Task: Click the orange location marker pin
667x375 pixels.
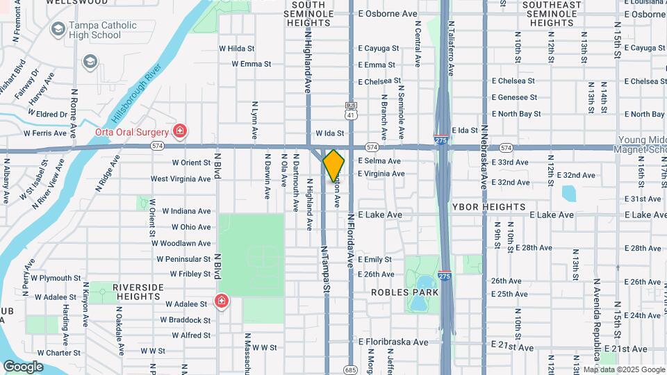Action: [334, 165]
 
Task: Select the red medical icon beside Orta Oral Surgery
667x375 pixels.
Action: [179, 131]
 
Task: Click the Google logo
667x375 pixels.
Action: [23, 367]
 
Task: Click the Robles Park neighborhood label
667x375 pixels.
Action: [404, 292]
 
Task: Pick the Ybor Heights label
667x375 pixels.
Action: [488, 207]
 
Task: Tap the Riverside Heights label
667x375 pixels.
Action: [138, 292]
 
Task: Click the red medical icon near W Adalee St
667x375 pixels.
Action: [222, 301]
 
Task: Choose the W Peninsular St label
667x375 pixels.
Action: [183, 259]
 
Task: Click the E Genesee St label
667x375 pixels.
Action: [514, 97]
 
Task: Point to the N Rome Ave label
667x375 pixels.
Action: [73, 112]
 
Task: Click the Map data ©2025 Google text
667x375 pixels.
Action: [623, 369]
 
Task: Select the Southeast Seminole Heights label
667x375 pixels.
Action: [552, 14]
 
